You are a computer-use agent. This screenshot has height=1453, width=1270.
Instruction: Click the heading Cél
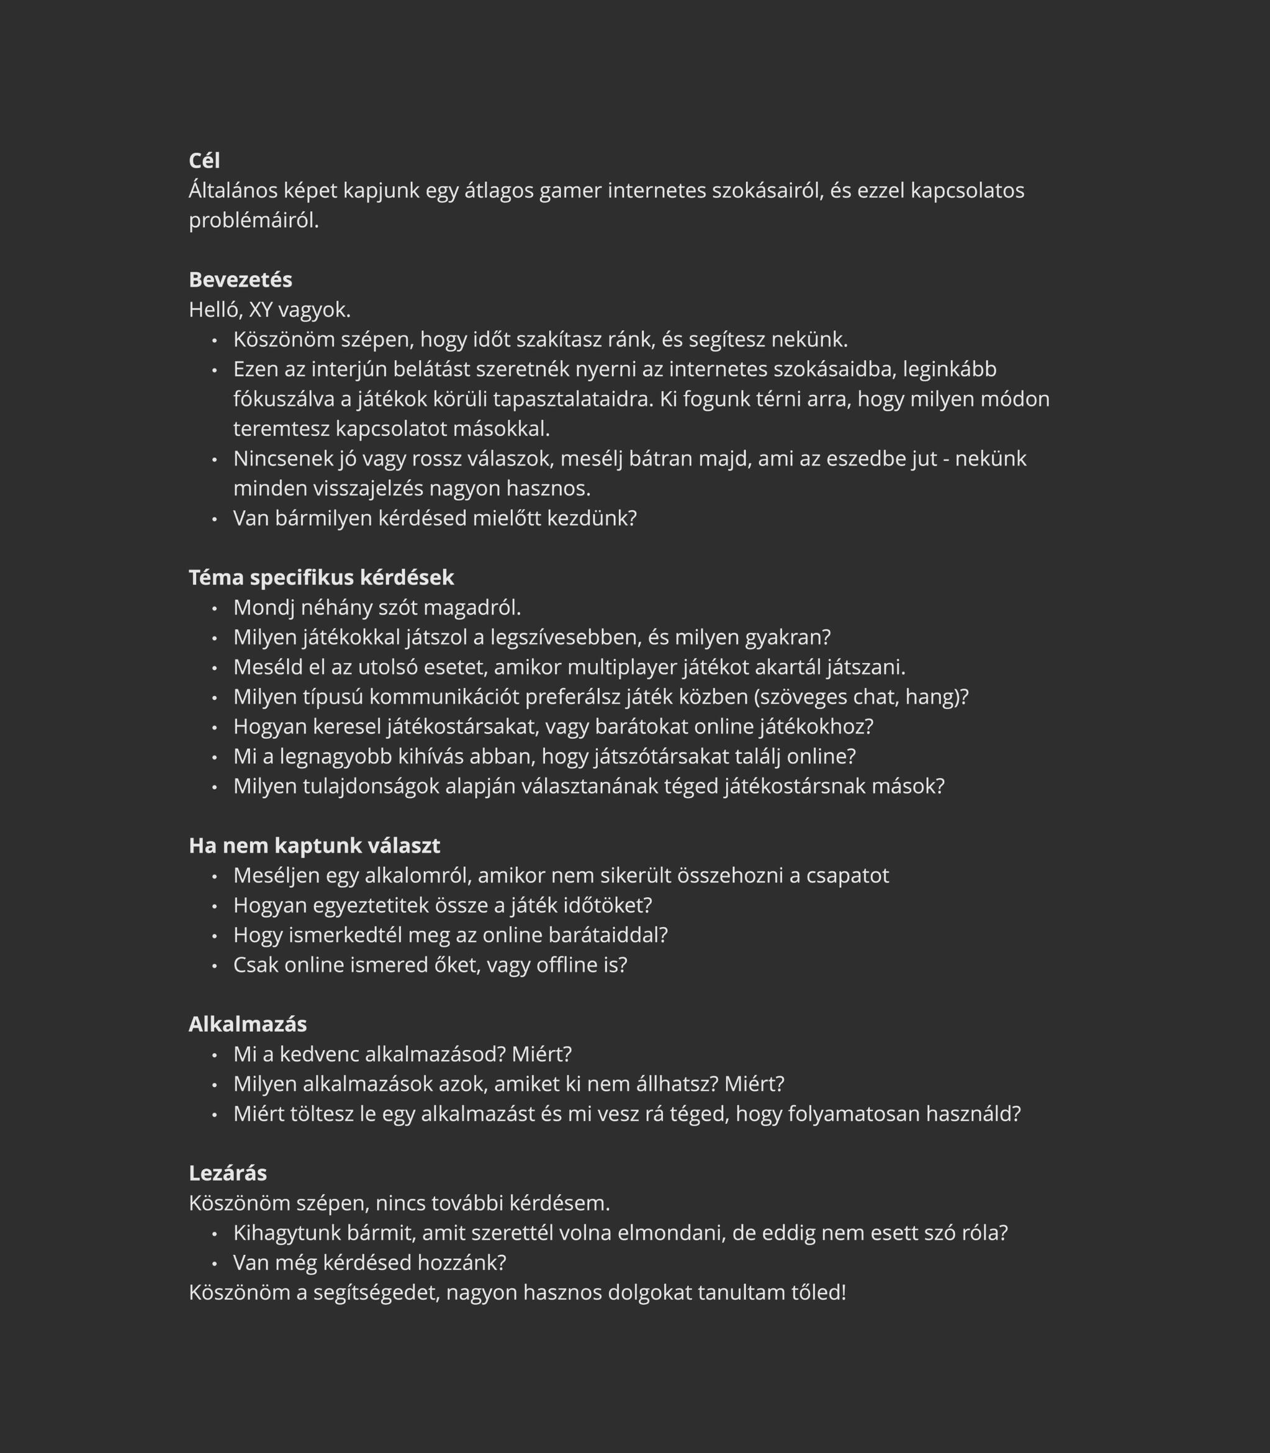204,161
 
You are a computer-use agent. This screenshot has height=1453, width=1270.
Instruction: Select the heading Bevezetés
240,280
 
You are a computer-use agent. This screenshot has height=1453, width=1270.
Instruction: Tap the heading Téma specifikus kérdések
321,577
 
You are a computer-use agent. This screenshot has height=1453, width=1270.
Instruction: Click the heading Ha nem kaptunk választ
314,846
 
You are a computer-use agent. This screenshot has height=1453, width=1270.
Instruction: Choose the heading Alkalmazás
247,1024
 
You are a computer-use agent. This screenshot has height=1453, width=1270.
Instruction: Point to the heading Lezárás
227,1173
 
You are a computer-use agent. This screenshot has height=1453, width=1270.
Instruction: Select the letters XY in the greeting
260,310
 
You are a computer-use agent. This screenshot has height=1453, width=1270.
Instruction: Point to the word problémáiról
254,220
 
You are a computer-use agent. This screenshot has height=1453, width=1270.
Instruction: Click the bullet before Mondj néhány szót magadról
214,608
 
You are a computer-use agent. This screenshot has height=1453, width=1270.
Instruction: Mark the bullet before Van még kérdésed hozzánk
214,1263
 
